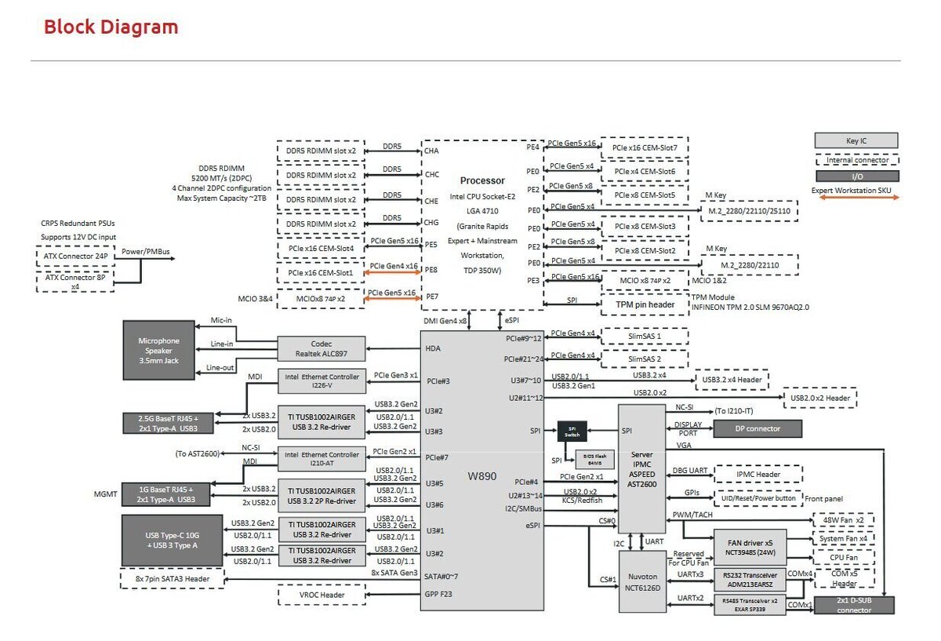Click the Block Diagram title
tap(111, 27)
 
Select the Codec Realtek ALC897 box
tap(322, 349)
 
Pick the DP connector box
tap(758, 428)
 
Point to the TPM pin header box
tap(645, 304)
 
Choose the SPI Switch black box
tap(572, 431)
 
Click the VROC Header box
tap(322, 595)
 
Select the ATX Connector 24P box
tap(74, 257)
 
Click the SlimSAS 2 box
tap(645, 359)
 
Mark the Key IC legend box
tap(856, 141)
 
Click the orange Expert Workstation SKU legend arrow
tap(856, 198)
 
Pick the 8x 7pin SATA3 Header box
tap(173, 578)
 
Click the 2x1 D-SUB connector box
tap(853, 605)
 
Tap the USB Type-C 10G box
tap(172, 541)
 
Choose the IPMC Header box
tap(758, 475)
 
